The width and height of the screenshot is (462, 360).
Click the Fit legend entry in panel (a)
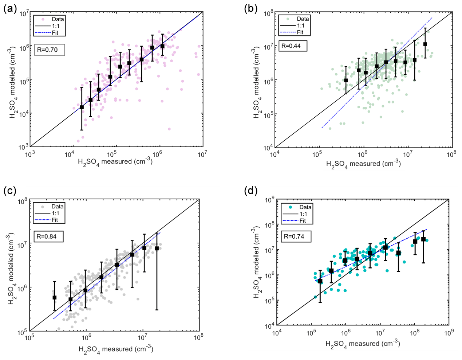[55, 33]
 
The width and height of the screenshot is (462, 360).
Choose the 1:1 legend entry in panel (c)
[55, 213]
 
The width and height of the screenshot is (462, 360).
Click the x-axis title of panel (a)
[115, 161]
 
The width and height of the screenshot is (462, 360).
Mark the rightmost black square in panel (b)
[425, 44]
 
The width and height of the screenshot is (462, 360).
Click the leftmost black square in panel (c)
[55, 297]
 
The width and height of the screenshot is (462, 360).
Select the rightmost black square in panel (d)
[423, 239]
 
